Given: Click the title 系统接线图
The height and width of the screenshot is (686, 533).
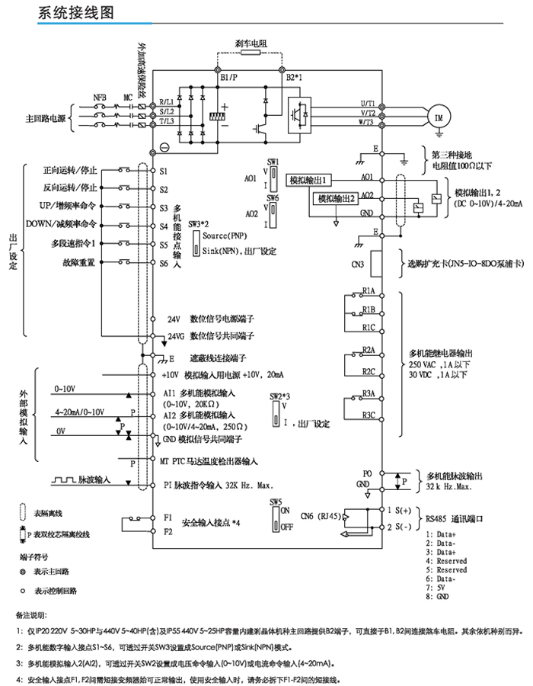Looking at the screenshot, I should point(76,13).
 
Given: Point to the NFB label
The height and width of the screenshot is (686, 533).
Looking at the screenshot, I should point(100,98).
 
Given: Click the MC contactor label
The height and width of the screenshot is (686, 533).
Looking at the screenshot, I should point(127,98).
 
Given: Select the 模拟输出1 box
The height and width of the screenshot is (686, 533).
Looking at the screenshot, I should point(310,180).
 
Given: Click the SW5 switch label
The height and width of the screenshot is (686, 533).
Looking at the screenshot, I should point(275,501).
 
